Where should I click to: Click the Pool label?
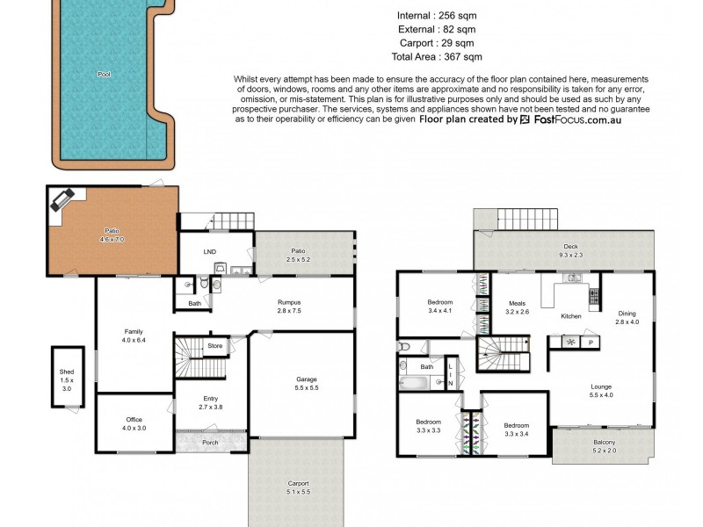coord(105,76)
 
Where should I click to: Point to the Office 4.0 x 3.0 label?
coord(134,422)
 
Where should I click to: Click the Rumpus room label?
coord(289,306)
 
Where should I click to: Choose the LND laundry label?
coord(209,253)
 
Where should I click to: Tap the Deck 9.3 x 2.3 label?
coord(570,251)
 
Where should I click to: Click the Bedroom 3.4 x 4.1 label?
coord(439,307)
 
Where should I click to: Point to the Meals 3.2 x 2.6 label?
coord(518,307)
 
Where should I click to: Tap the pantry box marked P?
coord(591,342)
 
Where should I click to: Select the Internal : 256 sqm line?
coord(437,15)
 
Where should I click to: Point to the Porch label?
coord(210,443)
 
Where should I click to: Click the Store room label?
coord(214,346)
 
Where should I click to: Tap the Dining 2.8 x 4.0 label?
coord(626,318)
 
